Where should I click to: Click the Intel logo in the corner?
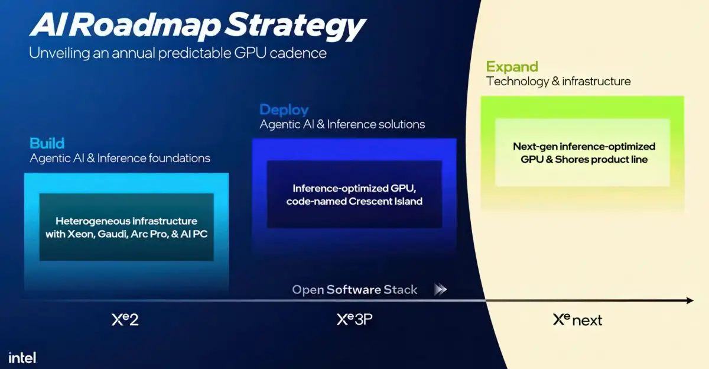(x=22, y=357)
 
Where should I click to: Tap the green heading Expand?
(x=512, y=66)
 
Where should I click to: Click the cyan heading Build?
(x=47, y=143)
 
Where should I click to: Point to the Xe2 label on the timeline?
(x=125, y=320)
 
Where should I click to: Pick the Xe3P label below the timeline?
(x=354, y=320)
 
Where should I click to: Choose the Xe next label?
(x=577, y=320)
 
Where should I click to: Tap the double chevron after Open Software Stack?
(x=440, y=290)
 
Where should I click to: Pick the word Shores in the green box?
(x=572, y=160)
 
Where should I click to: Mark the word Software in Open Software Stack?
(x=354, y=290)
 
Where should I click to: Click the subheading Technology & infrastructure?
(x=558, y=81)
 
